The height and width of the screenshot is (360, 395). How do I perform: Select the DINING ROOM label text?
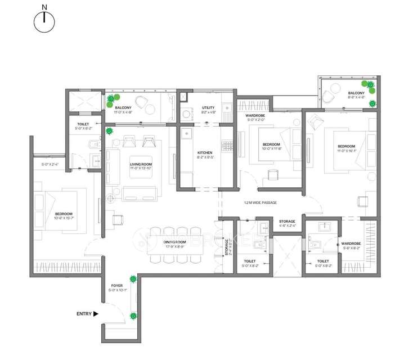[174, 242]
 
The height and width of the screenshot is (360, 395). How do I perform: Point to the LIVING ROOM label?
[141, 164]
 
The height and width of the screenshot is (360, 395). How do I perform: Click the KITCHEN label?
[205, 153]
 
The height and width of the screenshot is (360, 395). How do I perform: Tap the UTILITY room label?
[208, 108]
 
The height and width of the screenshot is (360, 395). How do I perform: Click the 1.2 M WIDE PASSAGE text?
[260, 202]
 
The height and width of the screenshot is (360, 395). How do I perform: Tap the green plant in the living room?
[109, 130]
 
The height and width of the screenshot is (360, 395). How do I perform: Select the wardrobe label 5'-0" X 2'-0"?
[255, 119]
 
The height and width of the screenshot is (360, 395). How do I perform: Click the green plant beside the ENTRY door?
[133, 316]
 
